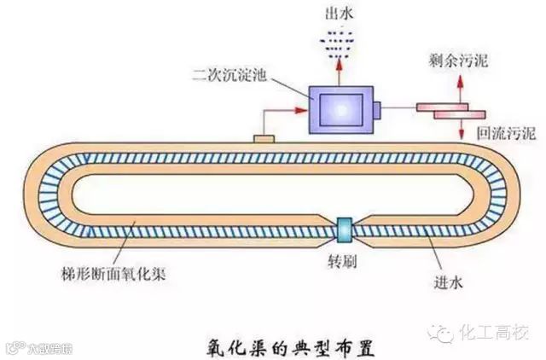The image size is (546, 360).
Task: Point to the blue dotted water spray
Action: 339,39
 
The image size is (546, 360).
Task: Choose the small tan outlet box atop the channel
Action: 264,137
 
